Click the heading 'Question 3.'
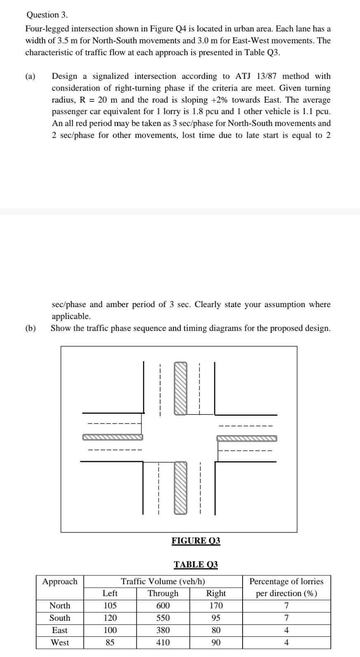pyautogui.click(x=47, y=15)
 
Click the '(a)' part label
pyautogui.click(x=30, y=76)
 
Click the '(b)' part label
pyautogui.click(x=30, y=328)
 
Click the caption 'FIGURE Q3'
pyautogui.click(x=196, y=541)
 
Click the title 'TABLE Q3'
pyautogui.click(x=196, y=565)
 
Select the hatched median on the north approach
pyautogui.click(x=180, y=388)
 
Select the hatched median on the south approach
pyautogui.click(x=180, y=488)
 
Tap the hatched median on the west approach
pyautogui.click(x=113, y=437)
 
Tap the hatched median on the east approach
pyautogui.click(x=247, y=439)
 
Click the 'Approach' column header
pyautogui.click(x=60, y=582)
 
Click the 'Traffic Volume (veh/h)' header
pyautogui.click(x=163, y=582)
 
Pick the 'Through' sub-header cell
pyautogui.click(x=163, y=594)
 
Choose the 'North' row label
pyautogui.click(x=60, y=606)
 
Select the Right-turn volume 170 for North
pyautogui.click(x=216, y=606)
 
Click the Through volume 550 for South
pyautogui.click(x=163, y=618)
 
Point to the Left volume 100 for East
pyautogui.click(x=110, y=631)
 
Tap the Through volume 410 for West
pyautogui.click(x=163, y=643)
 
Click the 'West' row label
pyautogui.click(x=60, y=643)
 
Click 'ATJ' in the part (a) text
pyautogui.click(x=243, y=76)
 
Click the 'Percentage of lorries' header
pyautogui.click(x=286, y=582)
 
